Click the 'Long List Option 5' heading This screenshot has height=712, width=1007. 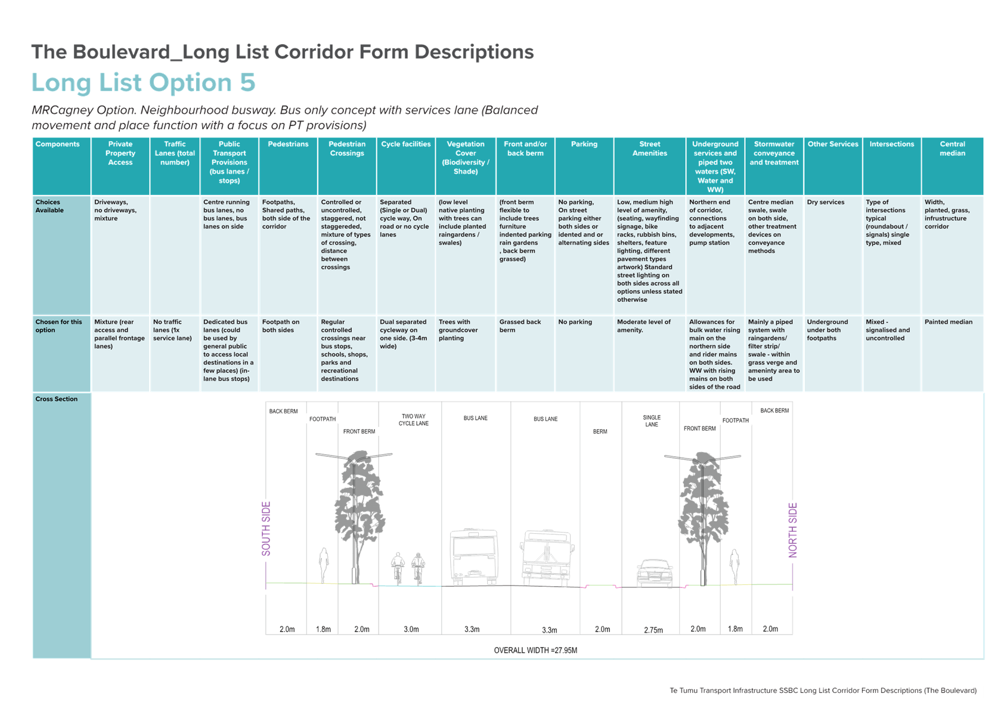pyautogui.click(x=144, y=83)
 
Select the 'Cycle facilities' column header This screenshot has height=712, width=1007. pyautogui.click(x=406, y=144)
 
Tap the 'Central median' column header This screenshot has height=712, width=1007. pyautogui.click(x=952, y=149)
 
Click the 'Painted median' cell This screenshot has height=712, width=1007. pyautogui.click(x=948, y=322)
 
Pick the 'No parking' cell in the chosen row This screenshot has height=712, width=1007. pyautogui.click(x=575, y=322)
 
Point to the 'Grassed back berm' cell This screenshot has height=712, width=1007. pyautogui.click(x=520, y=326)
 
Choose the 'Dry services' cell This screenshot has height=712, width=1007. pyautogui.click(x=825, y=202)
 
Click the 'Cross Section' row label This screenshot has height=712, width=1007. pyautogui.click(x=56, y=399)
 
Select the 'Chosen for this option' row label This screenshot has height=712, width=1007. pyautogui.click(x=58, y=326)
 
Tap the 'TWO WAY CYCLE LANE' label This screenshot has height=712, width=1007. pyautogui.click(x=413, y=420)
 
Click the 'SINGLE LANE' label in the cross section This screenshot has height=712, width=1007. pyautogui.click(x=652, y=421)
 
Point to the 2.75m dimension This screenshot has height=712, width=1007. pyautogui.click(x=653, y=630)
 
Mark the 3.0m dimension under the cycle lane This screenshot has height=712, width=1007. pyautogui.click(x=411, y=629)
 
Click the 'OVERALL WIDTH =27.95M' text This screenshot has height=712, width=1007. pyautogui.click(x=535, y=651)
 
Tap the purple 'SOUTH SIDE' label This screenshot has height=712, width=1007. pyautogui.click(x=266, y=528)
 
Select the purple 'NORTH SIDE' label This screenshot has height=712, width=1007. pyautogui.click(x=792, y=530)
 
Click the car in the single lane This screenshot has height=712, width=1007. pyautogui.click(x=655, y=573)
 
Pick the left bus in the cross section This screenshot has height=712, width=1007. pyautogui.click(x=474, y=557)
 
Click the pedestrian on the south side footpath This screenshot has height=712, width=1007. pyautogui.click(x=324, y=565)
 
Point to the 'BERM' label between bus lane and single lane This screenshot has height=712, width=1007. pyautogui.click(x=600, y=432)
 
